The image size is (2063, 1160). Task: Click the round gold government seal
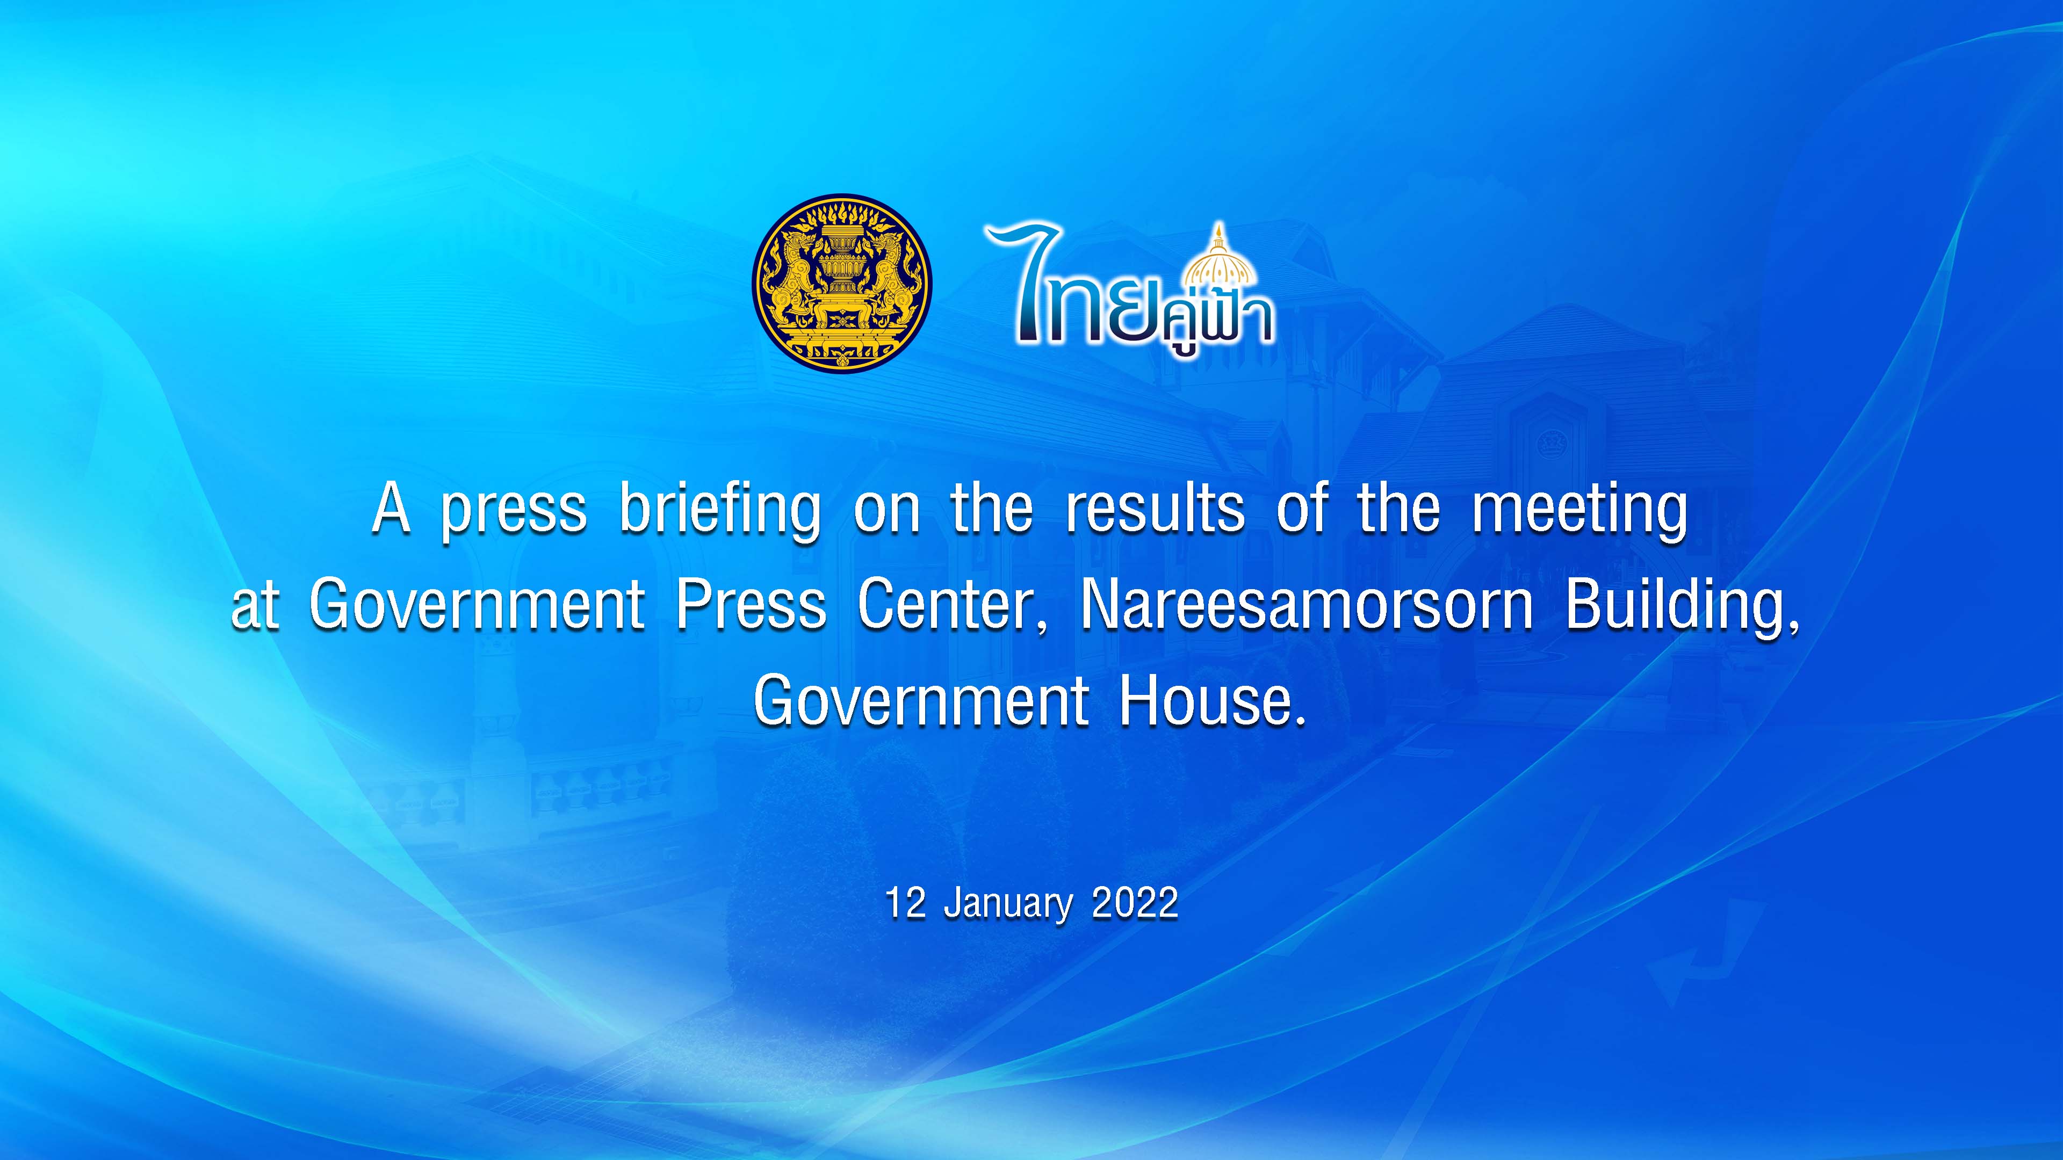842,282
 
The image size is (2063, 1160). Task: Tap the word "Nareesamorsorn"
1307,604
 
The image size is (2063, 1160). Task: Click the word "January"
1007,904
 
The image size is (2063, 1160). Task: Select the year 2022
1135,903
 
